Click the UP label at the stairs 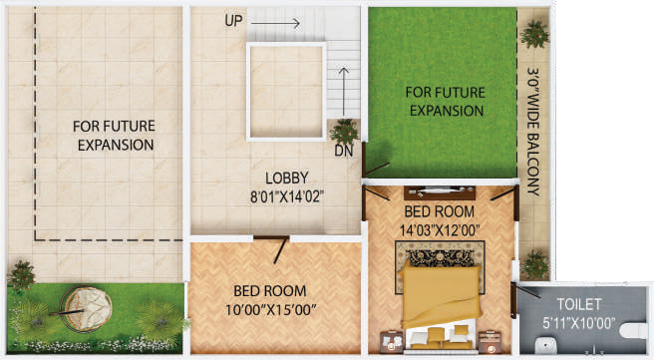tap(233, 20)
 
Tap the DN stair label tap(344, 151)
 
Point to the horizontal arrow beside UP tap(275, 23)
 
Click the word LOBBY tap(286, 179)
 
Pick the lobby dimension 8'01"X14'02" tap(286, 196)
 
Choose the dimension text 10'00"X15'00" tap(270, 310)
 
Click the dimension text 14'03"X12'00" tap(440, 229)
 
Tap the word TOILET tap(579, 304)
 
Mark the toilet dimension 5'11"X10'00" tap(578, 322)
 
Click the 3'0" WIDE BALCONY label tap(533, 132)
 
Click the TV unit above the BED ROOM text tap(440, 192)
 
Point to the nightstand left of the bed tap(392, 341)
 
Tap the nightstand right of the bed tap(490, 341)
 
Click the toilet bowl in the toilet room tap(633, 332)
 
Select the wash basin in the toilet tap(546, 345)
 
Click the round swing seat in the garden tap(86, 309)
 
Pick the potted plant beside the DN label tap(344, 132)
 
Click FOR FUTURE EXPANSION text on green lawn tap(446, 102)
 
